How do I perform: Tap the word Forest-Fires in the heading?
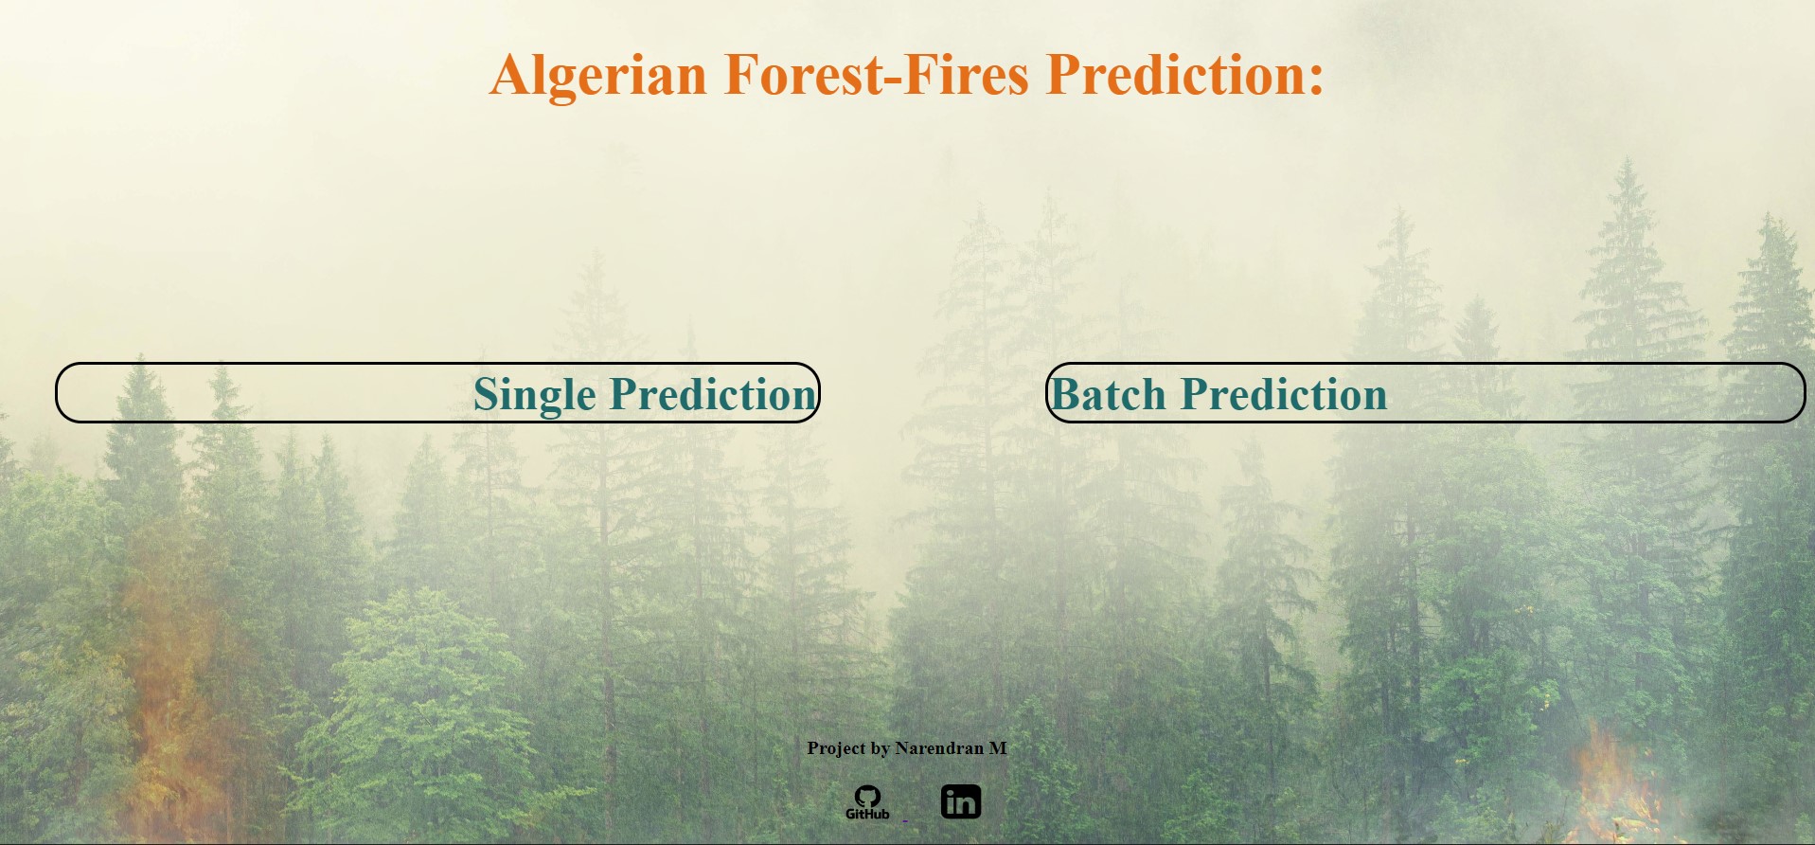click(x=876, y=75)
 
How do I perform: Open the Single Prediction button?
click(x=437, y=392)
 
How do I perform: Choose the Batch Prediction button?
click(x=1425, y=392)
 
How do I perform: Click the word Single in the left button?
click(x=534, y=395)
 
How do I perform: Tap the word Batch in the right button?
click(x=1108, y=394)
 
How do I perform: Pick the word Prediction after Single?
click(x=712, y=394)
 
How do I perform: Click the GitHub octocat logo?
click(x=867, y=797)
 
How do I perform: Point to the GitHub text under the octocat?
click(x=867, y=814)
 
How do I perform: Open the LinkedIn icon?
click(x=961, y=801)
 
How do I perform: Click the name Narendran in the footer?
click(x=939, y=748)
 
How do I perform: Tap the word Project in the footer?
click(x=836, y=748)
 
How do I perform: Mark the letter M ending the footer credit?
click(x=998, y=748)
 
